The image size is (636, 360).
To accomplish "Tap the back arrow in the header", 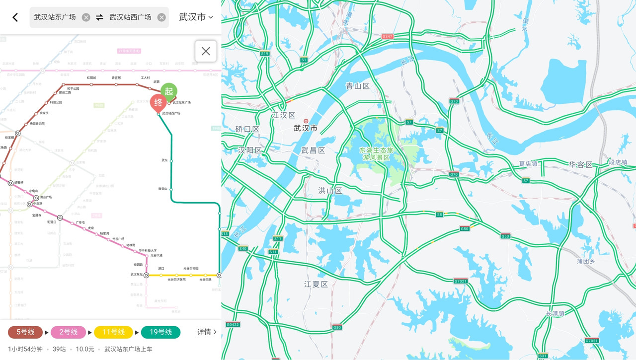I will (15, 17).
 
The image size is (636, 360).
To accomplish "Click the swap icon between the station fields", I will (99, 17).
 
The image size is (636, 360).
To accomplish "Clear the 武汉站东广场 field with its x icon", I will (86, 17).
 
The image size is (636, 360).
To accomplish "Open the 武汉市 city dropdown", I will (196, 17).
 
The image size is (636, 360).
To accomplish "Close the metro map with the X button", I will (206, 51).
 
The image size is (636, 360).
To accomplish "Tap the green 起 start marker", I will (169, 91).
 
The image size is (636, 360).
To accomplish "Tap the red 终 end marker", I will (158, 102).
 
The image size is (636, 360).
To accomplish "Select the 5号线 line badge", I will (25, 332).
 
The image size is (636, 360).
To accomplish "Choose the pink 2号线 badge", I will (69, 332).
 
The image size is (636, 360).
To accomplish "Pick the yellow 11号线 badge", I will (113, 332).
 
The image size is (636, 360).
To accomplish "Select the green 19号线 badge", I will (160, 332).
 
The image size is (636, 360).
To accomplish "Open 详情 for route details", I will (207, 332).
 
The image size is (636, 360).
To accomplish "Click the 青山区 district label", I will (358, 86).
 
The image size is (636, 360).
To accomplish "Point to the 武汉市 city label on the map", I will (306, 128).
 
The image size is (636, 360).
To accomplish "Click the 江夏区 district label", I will (316, 284).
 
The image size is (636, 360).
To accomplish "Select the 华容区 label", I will (581, 164).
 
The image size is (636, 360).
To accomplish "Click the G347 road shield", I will (387, 36).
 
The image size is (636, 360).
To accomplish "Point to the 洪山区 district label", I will (330, 190).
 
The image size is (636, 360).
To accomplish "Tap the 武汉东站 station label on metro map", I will (137, 274).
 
